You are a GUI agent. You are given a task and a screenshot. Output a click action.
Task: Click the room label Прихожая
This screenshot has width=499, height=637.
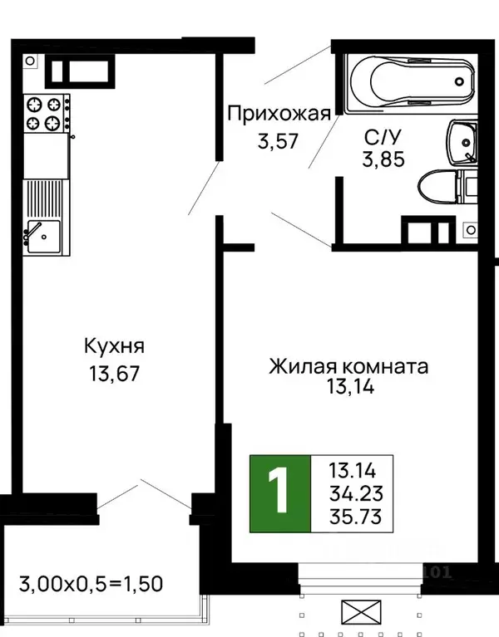(x=279, y=114)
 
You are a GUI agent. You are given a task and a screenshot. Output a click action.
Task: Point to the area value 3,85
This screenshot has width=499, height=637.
(x=383, y=159)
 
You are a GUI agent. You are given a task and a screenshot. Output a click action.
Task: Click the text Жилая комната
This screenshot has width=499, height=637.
(x=348, y=366)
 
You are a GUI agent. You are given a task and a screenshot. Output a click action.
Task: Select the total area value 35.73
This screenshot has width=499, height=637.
(x=354, y=518)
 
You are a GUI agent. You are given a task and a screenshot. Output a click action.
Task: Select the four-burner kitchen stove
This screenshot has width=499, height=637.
(x=45, y=113)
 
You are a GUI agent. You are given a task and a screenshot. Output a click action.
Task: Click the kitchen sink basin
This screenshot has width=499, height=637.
(x=40, y=236)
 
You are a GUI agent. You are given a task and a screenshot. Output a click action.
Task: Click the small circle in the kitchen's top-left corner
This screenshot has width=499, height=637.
(x=30, y=60)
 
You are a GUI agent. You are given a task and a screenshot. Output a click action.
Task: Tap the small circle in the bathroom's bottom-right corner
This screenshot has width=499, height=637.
(x=471, y=229)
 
